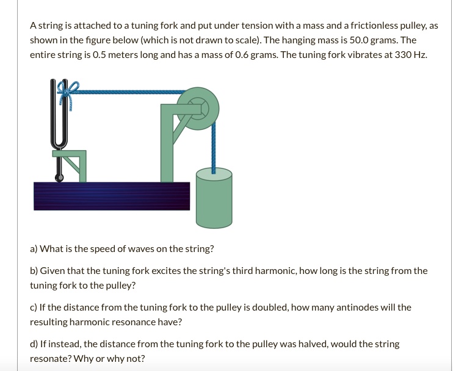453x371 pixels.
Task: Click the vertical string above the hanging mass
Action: (x=214, y=146)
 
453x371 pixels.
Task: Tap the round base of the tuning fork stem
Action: (x=59, y=178)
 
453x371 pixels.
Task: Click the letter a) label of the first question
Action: (x=34, y=249)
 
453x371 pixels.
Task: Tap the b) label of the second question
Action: (x=34, y=270)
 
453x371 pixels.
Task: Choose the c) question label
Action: (x=34, y=307)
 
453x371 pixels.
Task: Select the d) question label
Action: (x=34, y=344)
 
